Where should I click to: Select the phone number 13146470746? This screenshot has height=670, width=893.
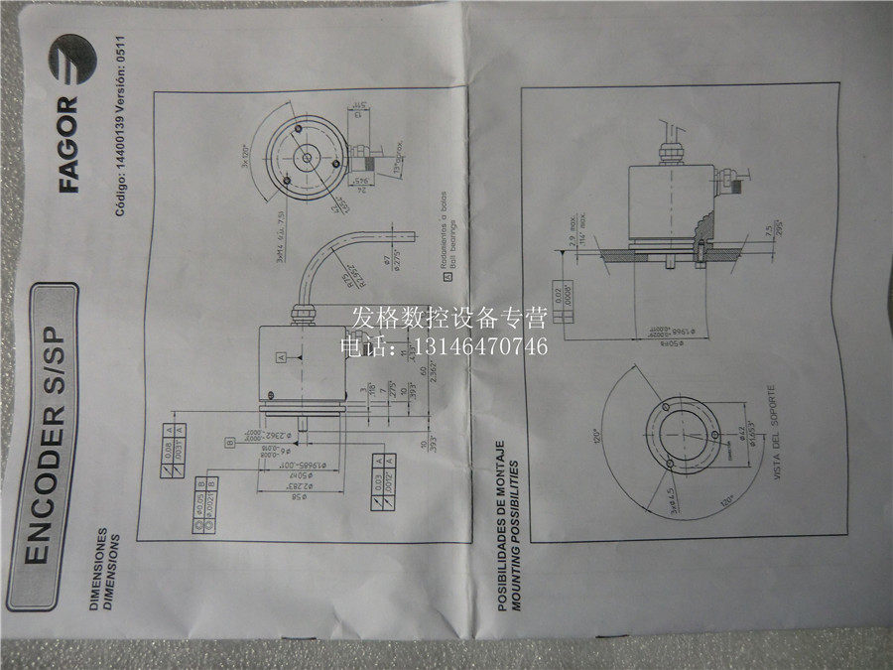coord(497,346)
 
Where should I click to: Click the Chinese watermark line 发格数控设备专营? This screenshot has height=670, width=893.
coord(449,319)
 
